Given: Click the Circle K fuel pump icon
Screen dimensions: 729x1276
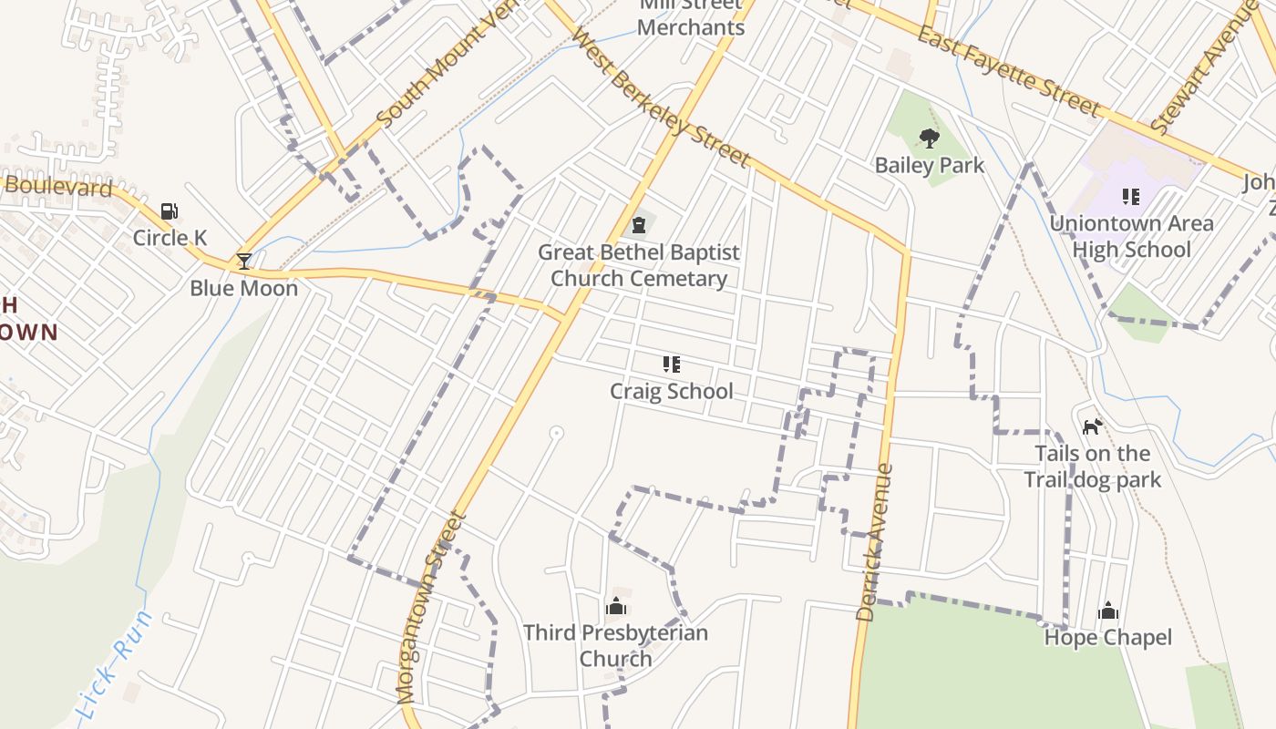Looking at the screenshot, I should point(169,212).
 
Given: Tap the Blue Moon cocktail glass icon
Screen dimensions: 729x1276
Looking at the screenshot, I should point(243,262).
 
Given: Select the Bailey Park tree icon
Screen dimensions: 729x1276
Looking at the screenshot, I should point(929,139).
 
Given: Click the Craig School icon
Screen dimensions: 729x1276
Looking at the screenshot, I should point(671,365).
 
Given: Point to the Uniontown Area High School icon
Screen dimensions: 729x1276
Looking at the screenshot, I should point(1131,197).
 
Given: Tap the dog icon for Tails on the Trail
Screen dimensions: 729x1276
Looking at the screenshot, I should point(1092,426).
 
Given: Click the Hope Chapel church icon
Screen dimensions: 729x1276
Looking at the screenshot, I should point(1108,611).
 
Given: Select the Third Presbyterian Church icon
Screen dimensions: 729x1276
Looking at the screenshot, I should point(616,606).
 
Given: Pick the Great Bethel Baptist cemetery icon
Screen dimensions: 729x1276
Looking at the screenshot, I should point(639,225).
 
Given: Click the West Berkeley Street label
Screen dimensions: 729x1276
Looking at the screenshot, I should point(661,98).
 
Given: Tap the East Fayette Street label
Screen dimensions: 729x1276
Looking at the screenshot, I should point(1009,71).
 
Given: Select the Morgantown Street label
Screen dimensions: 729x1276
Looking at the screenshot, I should point(432,607).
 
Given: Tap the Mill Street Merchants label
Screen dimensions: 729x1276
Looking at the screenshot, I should point(690,18).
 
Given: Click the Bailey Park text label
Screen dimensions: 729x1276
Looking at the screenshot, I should point(930,165).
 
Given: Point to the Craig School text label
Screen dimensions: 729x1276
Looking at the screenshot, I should point(671,392).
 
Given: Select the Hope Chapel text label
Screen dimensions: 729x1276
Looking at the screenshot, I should point(1108,637).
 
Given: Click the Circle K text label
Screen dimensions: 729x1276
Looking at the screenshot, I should point(170,238).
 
